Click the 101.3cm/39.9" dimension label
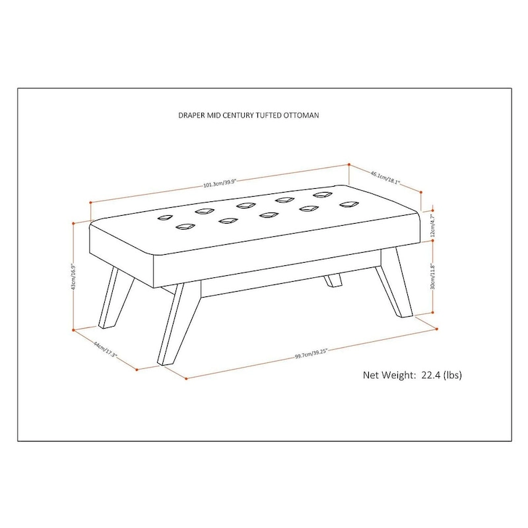(220, 183)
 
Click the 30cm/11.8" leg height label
(433, 277)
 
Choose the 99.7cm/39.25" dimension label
(312, 354)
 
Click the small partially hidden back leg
(332, 280)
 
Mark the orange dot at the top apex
(349, 164)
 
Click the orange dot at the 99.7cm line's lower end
(187, 379)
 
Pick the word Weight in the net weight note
(400, 375)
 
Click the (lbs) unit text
(453, 375)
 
